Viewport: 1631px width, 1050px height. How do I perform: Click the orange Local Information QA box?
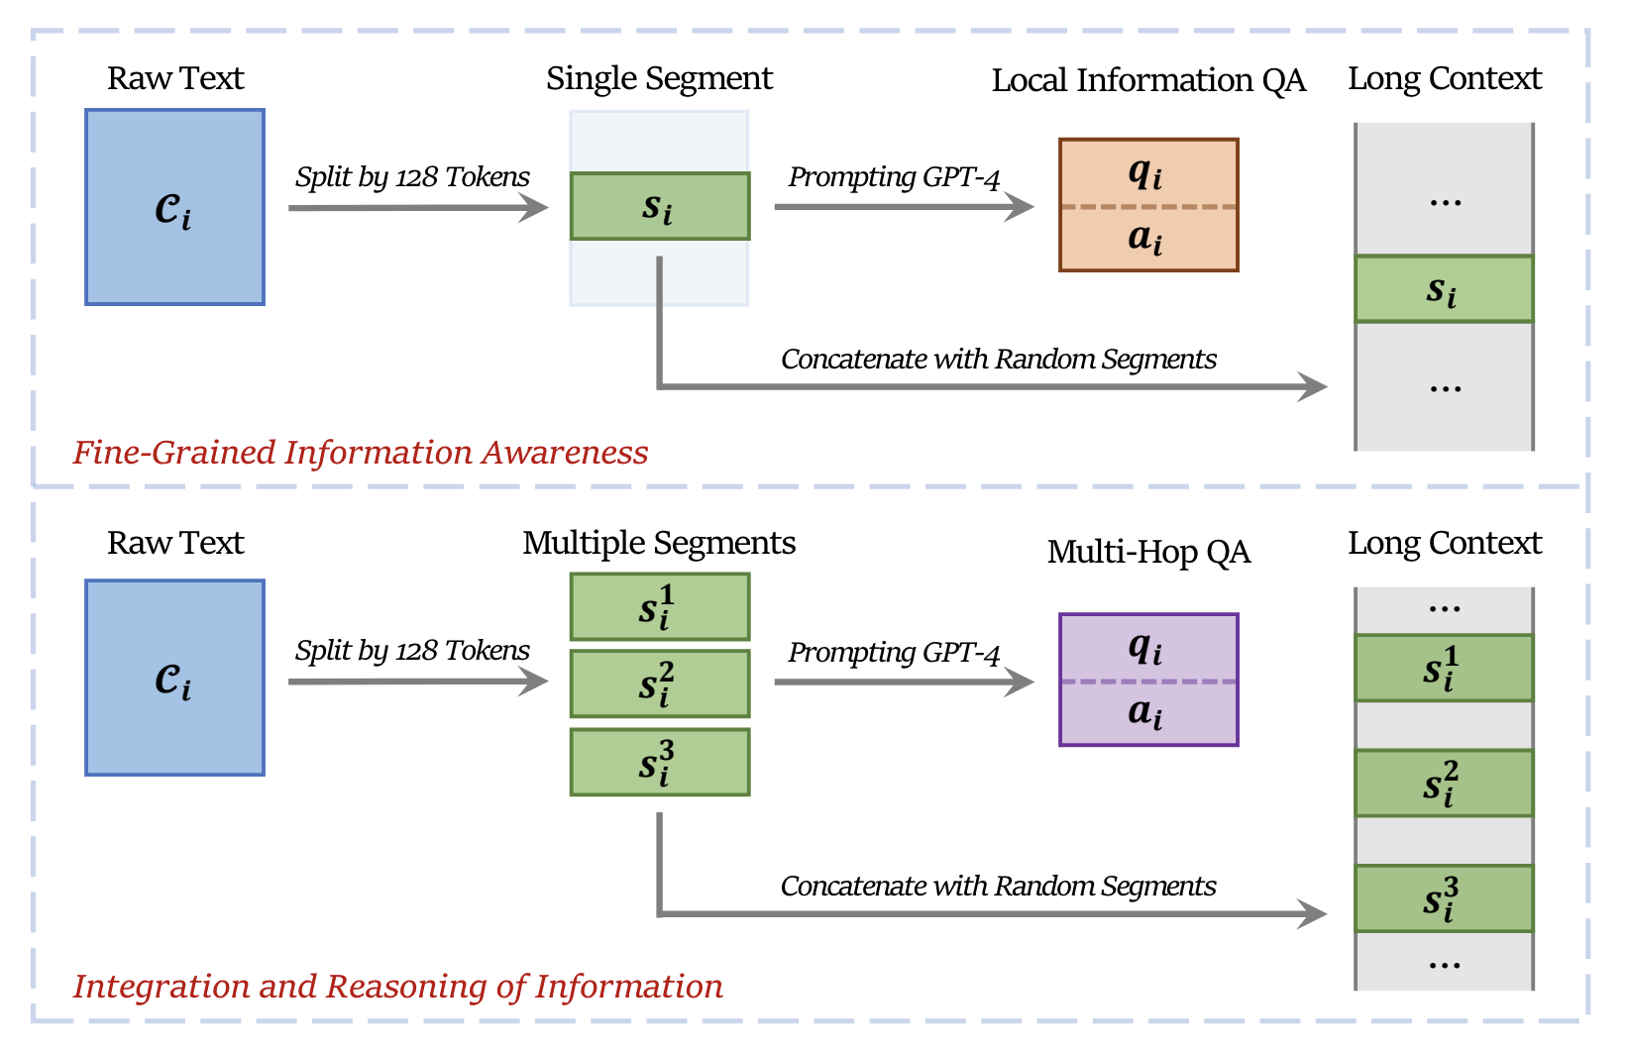pyautogui.click(x=1148, y=205)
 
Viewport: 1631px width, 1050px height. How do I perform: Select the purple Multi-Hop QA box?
pyautogui.click(x=1148, y=680)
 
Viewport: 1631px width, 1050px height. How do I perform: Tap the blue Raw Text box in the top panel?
pyautogui.click(x=174, y=207)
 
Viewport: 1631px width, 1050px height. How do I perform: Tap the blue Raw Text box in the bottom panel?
pyautogui.click(x=174, y=678)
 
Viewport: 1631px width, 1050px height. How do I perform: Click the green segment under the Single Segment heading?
pyautogui.click(x=660, y=206)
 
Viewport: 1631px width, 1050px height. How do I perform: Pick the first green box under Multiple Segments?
pyautogui.click(x=660, y=607)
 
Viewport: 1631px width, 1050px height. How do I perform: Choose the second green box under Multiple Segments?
pyautogui.click(x=660, y=684)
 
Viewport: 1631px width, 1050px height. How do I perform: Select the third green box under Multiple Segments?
pyautogui.click(x=660, y=762)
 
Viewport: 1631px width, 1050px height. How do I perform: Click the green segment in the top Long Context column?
pyautogui.click(x=1444, y=289)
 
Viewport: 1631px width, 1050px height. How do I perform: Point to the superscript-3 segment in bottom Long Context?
pyautogui.click(x=1444, y=898)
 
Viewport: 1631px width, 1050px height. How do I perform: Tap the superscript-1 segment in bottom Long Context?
pyautogui.click(x=1444, y=668)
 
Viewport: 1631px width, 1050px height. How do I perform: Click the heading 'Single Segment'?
pyautogui.click(x=659, y=78)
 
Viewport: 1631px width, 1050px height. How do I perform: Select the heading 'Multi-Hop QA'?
pyautogui.click(x=1149, y=553)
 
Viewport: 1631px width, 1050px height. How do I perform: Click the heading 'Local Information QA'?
pyautogui.click(x=1149, y=80)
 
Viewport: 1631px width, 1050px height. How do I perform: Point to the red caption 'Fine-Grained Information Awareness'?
pyautogui.click(x=361, y=453)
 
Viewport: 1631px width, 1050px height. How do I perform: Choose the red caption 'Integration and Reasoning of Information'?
pyautogui.click(x=397, y=987)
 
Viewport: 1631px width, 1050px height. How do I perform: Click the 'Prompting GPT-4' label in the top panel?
pyautogui.click(x=894, y=177)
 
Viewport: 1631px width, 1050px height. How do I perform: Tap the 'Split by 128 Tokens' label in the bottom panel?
pyautogui.click(x=412, y=651)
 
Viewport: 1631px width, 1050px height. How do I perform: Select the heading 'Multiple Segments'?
pyautogui.click(x=659, y=544)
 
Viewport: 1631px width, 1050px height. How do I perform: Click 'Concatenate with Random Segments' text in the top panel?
pyautogui.click(x=998, y=359)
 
